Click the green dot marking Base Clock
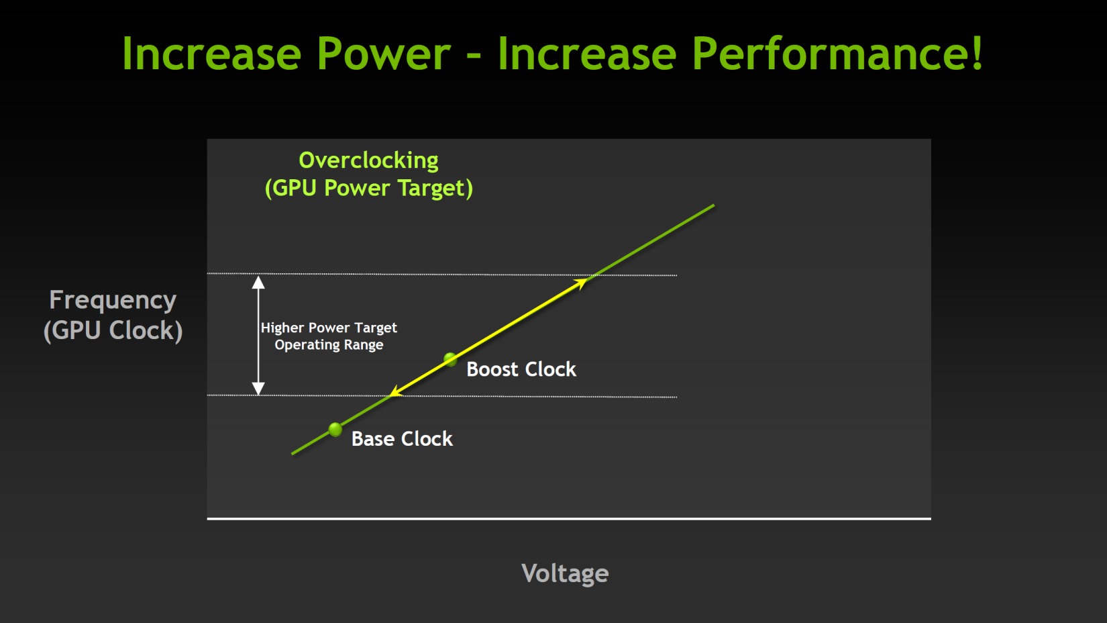335,429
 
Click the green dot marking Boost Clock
450,359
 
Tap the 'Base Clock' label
402,438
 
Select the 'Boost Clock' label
521,369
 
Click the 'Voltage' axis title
565,573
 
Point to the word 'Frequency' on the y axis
113,300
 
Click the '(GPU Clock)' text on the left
113,330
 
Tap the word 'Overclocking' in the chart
369,160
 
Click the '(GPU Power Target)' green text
369,189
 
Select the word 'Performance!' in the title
838,54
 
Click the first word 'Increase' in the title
211,54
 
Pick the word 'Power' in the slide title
384,54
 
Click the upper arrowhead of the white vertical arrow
258,283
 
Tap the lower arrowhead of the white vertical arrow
258,389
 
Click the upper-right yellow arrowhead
581,283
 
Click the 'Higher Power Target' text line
329,328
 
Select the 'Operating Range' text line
329,344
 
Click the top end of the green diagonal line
714,205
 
